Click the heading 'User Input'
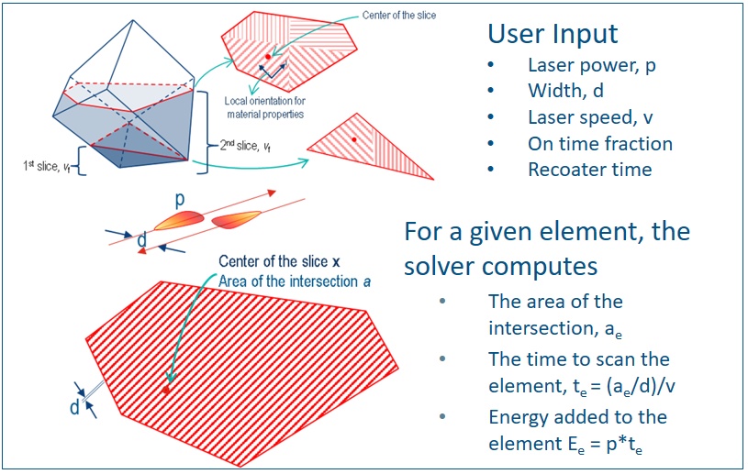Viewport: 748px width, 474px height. coord(553,35)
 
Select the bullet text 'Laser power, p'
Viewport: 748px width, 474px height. coord(591,65)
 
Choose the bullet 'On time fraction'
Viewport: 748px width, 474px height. coord(599,144)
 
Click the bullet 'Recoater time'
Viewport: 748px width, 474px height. coord(589,170)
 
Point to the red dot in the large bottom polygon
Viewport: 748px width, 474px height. coord(166,390)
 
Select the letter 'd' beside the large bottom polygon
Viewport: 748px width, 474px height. coord(74,406)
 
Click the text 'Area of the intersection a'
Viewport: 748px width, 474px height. coord(295,281)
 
